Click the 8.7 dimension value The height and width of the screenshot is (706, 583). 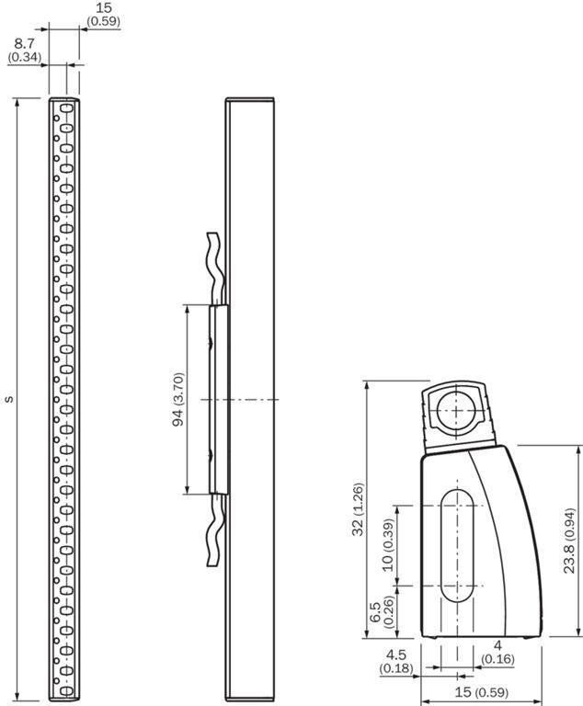pyautogui.click(x=24, y=44)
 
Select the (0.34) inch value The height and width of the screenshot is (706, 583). pyautogui.click(x=25, y=57)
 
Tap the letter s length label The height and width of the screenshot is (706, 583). pyautogui.click(x=9, y=399)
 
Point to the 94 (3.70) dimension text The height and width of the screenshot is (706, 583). pyautogui.click(x=178, y=399)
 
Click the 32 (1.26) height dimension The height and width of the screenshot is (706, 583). pyautogui.click(x=358, y=509)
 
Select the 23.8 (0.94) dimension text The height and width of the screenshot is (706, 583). pyautogui.click(x=569, y=541)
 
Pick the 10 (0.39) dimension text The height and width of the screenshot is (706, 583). pyautogui.click(x=387, y=545)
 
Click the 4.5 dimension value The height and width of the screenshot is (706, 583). pyautogui.click(x=395, y=655)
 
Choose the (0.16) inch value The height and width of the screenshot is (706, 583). pyautogui.click(x=497, y=659)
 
